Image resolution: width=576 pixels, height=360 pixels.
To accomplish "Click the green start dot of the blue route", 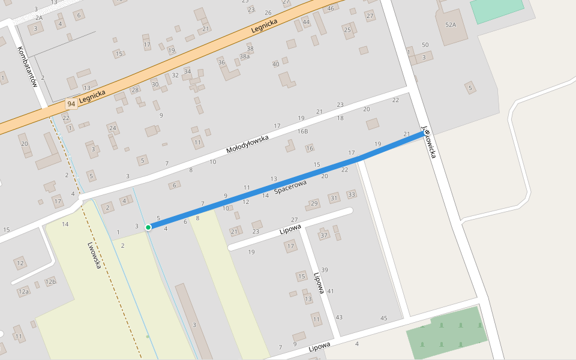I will (148, 227).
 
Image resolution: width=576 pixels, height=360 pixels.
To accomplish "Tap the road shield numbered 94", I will (71, 104).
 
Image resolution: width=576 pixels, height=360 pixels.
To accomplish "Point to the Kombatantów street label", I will (28, 67).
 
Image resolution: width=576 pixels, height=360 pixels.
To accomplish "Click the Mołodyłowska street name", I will (247, 142).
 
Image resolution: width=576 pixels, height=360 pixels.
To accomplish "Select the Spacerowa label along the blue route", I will (290, 187).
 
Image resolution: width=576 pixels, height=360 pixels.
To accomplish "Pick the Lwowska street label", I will (94, 255).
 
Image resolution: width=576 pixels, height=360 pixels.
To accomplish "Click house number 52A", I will (451, 25).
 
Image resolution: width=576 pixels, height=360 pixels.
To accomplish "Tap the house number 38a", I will (244, 56).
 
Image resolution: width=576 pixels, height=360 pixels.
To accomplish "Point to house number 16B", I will (302, 131).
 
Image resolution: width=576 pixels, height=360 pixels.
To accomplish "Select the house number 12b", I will (50, 282).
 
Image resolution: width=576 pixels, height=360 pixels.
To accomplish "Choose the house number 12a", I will (23, 292).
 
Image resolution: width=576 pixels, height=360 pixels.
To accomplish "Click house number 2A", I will (39, 18).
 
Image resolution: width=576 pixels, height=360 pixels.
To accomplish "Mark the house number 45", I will (384, 318).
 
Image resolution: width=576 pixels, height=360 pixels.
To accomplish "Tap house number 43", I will (339, 317).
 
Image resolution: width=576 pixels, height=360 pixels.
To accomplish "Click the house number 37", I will (324, 235).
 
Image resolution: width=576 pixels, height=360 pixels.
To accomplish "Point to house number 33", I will (352, 194).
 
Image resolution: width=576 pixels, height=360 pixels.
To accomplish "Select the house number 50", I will (425, 45).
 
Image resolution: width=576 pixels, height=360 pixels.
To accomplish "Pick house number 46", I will (331, 8).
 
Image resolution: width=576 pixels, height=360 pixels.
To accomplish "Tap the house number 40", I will (275, 64).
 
